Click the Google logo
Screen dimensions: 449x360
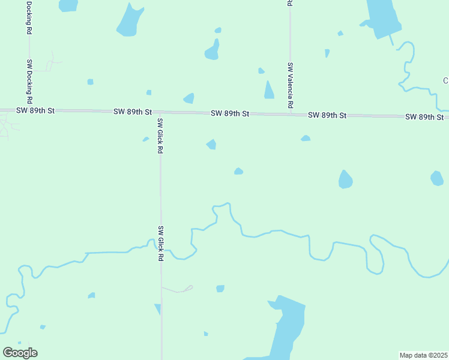click(x=20, y=353)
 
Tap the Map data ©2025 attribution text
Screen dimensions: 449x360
click(x=423, y=355)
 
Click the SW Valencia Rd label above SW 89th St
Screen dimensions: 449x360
click(x=290, y=85)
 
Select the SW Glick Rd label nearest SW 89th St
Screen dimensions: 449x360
click(x=160, y=136)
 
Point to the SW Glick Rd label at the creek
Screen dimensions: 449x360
click(x=160, y=243)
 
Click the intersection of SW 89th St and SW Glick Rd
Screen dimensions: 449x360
click(x=160, y=112)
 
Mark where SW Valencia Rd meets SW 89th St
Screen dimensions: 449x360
click(x=290, y=113)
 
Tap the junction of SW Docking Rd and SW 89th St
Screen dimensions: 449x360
click(x=29, y=110)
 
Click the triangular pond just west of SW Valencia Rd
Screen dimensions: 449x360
click(x=269, y=90)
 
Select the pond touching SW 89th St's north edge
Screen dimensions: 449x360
click(x=189, y=98)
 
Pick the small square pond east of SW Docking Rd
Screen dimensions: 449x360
click(x=90, y=82)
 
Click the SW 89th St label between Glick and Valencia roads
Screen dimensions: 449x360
click(x=230, y=113)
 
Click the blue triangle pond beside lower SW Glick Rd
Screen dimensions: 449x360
click(x=158, y=309)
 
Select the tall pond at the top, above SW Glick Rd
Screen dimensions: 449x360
click(x=129, y=19)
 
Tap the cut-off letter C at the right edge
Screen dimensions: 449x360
click(x=445, y=81)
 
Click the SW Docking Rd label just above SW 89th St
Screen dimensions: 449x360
click(x=29, y=79)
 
